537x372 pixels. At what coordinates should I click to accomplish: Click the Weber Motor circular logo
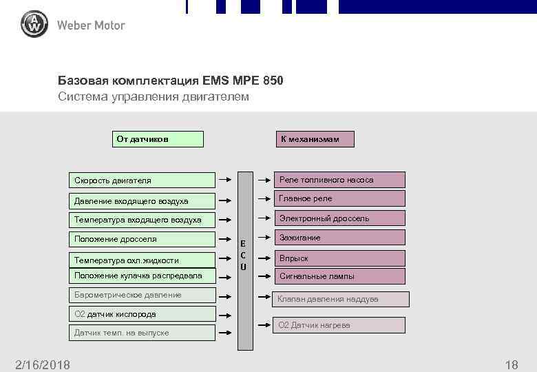34,25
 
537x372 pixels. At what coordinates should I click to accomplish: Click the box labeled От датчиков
158,139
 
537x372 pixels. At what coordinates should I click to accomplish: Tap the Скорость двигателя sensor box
145,180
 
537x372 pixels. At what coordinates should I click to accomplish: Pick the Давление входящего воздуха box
145,201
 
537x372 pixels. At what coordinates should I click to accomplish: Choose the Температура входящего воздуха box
145,220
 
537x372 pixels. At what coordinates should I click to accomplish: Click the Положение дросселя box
145,239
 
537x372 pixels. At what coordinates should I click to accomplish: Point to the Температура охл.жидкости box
145,260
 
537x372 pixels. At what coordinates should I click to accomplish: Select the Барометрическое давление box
145,295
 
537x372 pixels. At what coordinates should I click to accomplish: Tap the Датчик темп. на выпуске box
145,333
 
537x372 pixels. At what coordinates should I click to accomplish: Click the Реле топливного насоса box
339,180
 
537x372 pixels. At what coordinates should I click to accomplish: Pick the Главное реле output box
339,198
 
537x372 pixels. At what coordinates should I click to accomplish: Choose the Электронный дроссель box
339,218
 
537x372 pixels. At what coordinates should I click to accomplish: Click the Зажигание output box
339,238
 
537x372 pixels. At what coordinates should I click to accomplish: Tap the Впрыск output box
339,258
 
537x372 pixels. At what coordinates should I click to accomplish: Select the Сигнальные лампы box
339,276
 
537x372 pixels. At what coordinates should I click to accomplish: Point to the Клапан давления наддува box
341,299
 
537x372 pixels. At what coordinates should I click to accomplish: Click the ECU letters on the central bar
244,255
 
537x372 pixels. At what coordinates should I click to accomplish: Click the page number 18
511,364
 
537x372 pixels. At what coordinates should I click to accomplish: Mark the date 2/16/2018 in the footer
43,364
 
